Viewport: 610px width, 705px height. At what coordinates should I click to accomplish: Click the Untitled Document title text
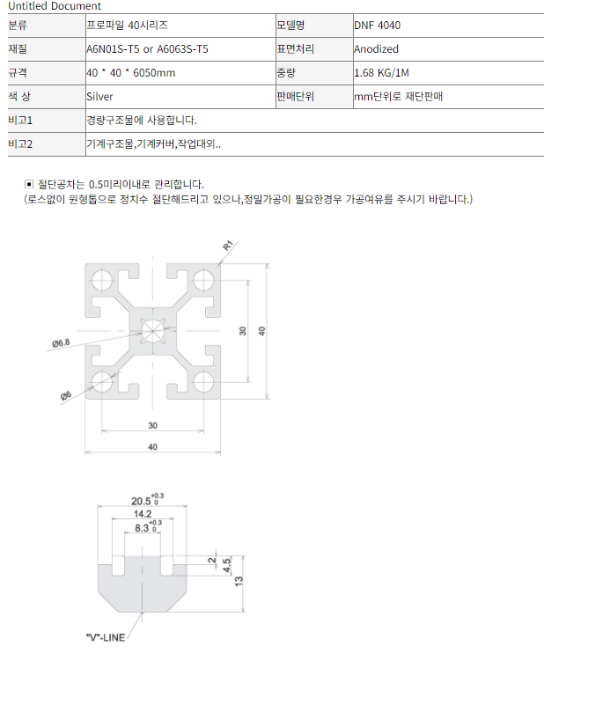pyautogui.click(x=55, y=6)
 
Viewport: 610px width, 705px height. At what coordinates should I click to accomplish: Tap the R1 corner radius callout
pyautogui.click(x=228, y=246)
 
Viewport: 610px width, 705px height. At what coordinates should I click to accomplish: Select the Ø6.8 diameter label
pyautogui.click(x=61, y=343)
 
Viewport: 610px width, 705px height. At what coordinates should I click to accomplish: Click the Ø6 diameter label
pyautogui.click(x=66, y=396)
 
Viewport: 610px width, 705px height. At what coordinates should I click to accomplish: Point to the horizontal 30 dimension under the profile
pyautogui.click(x=153, y=425)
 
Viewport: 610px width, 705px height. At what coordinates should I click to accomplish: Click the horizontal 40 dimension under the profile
pyautogui.click(x=153, y=447)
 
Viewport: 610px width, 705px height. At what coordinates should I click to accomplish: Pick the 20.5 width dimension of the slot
pyautogui.click(x=141, y=501)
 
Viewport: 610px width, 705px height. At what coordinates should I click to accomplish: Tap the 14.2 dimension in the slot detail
pyautogui.click(x=143, y=514)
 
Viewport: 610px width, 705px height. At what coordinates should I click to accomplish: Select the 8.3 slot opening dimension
pyautogui.click(x=142, y=528)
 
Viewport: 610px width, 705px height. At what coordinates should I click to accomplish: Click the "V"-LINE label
pyautogui.click(x=106, y=637)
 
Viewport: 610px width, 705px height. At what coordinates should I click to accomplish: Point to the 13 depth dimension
pyautogui.click(x=239, y=580)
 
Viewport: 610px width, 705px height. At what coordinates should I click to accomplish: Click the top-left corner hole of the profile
pyautogui.click(x=102, y=280)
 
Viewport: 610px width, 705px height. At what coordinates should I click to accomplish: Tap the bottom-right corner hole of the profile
pyautogui.click(x=203, y=382)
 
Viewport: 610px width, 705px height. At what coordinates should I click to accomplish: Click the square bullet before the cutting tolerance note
pyautogui.click(x=29, y=184)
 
